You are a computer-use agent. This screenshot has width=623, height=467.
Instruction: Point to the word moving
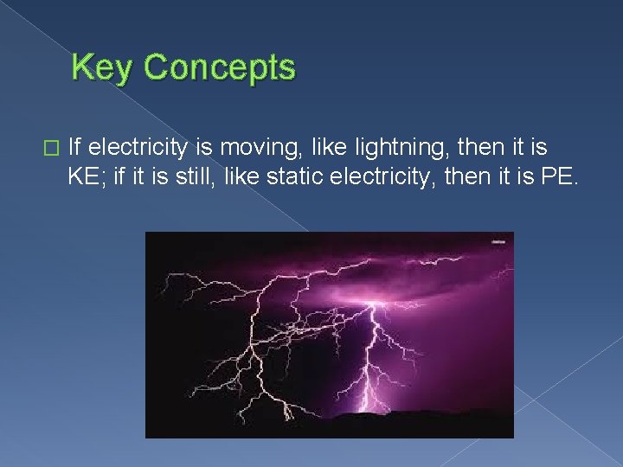(x=248, y=146)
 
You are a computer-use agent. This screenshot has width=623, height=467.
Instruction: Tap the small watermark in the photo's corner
(x=498, y=242)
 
